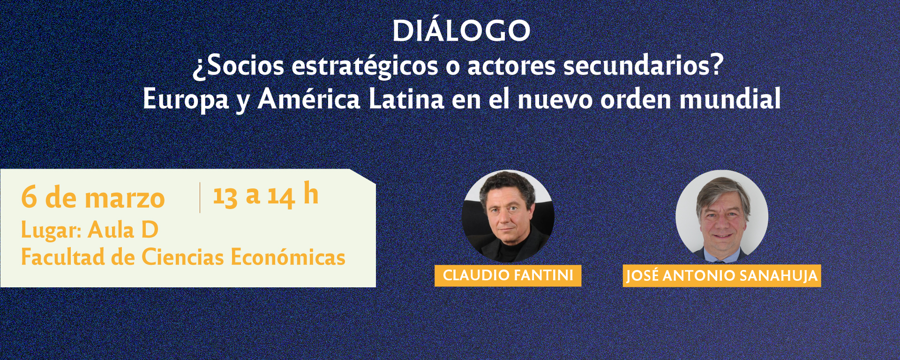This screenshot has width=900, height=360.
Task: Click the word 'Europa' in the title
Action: coord(186,100)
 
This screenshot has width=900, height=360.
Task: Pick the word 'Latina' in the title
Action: coord(406,99)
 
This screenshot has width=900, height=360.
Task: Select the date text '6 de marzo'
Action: coord(93,197)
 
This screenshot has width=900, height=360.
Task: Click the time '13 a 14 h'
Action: coord(266,195)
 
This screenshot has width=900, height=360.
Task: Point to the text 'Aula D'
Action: coord(123,230)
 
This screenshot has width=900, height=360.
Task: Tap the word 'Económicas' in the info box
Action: coord(288,257)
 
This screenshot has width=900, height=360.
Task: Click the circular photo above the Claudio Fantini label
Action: coord(508,216)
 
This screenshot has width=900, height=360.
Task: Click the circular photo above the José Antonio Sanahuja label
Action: coord(722,216)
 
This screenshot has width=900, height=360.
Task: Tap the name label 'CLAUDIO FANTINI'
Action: coord(508,275)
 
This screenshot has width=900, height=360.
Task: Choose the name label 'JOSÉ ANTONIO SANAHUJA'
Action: coord(722,276)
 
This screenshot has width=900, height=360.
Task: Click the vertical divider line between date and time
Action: coord(200,197)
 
